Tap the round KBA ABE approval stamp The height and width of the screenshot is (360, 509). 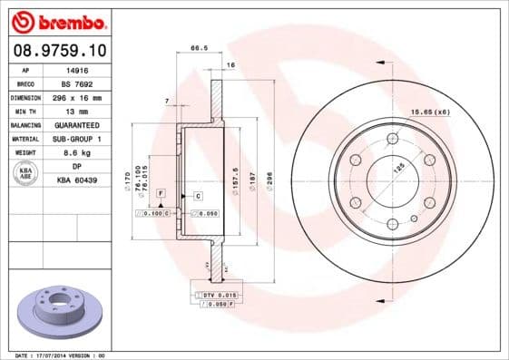(26, 174)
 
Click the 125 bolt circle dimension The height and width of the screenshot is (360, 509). (396, 168)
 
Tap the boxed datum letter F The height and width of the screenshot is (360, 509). (160, 194)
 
